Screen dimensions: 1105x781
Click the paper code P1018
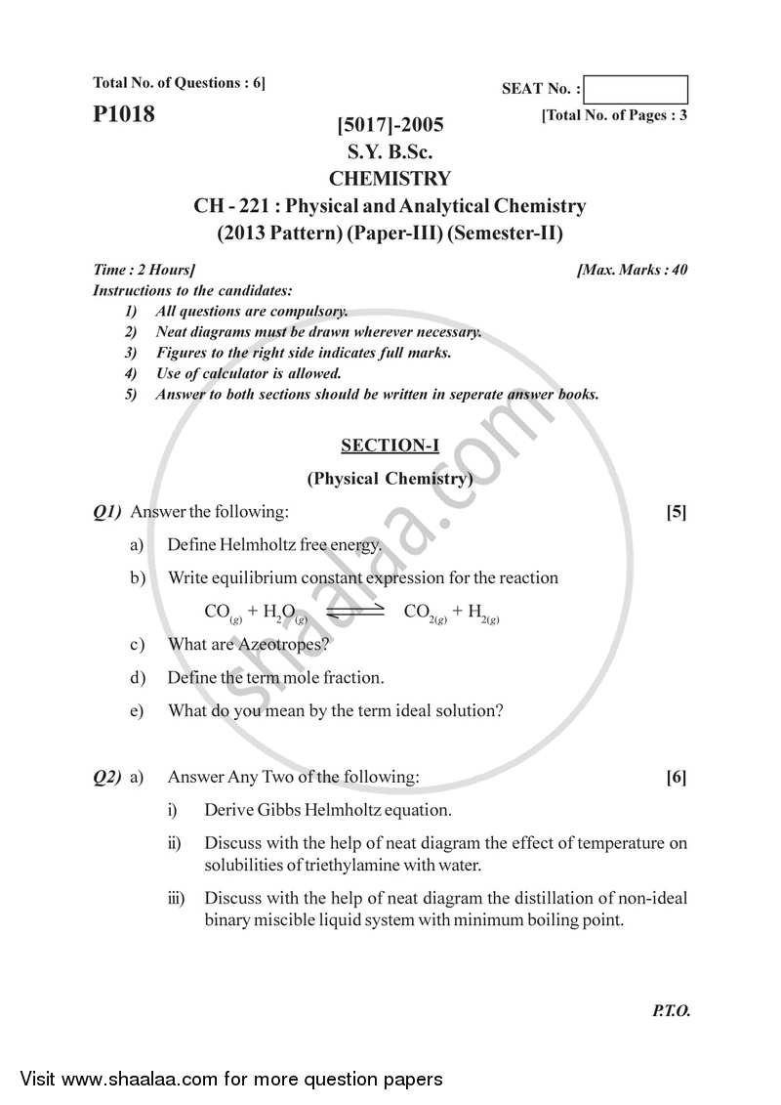point(124,114)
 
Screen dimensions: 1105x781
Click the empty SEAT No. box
point(638,90)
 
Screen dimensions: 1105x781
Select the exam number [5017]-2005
point(390,125)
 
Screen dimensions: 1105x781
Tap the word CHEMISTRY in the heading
point(390,179)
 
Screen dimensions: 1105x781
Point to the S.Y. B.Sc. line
point(390,152)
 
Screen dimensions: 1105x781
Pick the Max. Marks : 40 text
point(633,270)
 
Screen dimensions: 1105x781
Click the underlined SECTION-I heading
point(390,446)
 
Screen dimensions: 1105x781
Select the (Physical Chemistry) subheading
point(390,479)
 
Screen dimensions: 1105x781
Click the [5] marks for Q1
point(676,511)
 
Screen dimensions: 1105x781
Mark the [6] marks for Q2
point(676,778)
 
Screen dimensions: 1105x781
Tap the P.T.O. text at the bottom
point(671,1011)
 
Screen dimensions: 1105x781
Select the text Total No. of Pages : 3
point(614,115)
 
